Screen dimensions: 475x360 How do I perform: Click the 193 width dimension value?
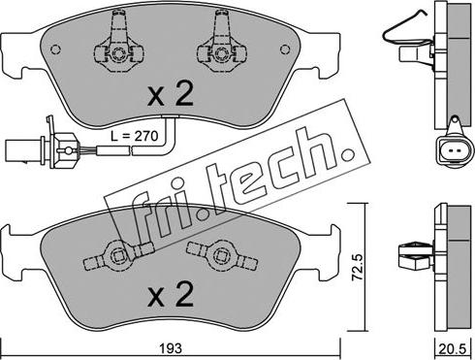click(173, 348)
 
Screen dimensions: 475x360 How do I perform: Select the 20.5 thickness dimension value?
click(455, 348)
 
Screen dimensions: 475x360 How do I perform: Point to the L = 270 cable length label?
click(134, 136)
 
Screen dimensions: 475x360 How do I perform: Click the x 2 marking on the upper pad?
click(171, 93)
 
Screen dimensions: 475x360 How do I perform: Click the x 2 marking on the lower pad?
click(171, 294)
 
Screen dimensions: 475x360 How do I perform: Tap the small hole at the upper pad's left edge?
click(56, 49)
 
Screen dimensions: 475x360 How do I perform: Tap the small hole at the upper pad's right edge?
click(285, 49)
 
